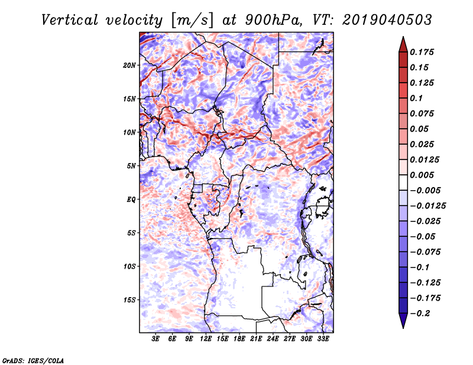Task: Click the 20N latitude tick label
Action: point(129,66)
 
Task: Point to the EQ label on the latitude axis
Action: point(131,200)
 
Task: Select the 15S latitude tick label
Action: point(129,300)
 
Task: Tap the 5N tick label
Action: point(131,166)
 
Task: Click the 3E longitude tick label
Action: point(155,338)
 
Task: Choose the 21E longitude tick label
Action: point(256,338)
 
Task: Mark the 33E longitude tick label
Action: point(323,338)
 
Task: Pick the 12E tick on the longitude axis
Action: point(205,338)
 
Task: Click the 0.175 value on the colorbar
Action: point(422,52)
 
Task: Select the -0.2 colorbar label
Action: point(420,314)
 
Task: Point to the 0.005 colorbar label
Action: point(422,175)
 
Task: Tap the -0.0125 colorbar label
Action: point(427,206)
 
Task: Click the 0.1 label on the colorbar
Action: point(416,98)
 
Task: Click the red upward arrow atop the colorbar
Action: point(403,44)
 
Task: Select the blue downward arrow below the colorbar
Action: point(403,321)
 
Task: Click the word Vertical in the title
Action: point(70,20)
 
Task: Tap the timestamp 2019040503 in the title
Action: point(387,20)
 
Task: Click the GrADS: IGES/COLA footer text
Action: point(33,360)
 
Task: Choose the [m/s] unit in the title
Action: point(192,20)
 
